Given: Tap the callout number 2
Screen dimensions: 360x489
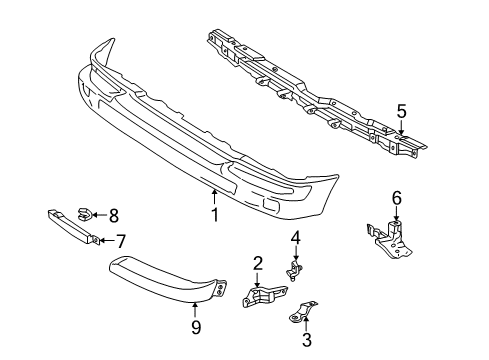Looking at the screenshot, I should click(257, 264).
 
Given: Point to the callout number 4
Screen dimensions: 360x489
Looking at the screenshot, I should click(296, 237).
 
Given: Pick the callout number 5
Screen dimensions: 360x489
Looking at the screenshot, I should click(401, 111).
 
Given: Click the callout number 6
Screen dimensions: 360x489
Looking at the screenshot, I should click(396, 197).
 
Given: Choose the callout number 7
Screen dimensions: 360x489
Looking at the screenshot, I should click(121, 240).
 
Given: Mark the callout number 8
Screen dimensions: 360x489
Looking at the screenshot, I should click(113, 213).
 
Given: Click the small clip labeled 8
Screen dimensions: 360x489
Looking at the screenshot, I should click(88, 212).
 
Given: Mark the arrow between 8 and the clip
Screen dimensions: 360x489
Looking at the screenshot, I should click(101, 213).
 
